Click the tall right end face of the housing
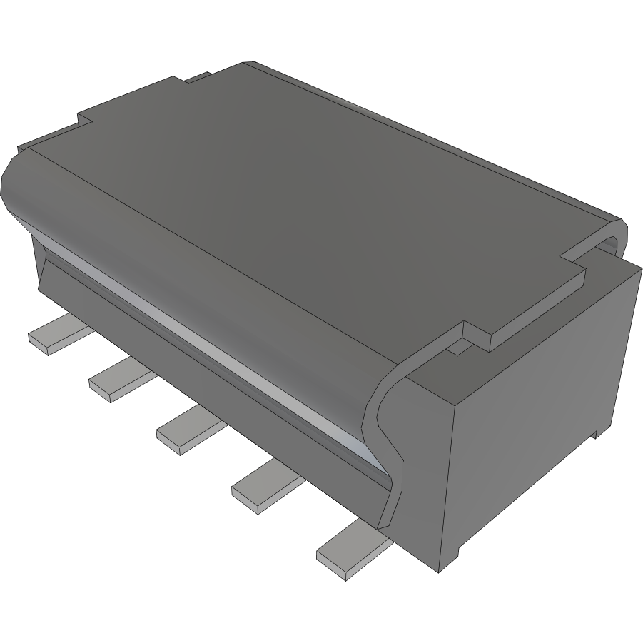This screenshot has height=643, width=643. [x=542, y=421]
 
